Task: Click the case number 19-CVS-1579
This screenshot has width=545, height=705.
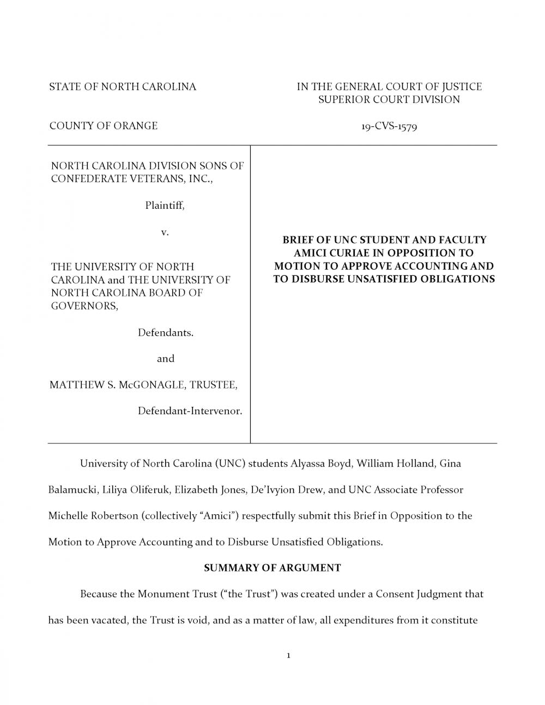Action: [x=389, y=126]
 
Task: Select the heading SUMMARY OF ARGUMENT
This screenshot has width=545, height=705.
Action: [x=272, y=568]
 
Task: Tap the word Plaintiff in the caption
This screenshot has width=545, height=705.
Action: [x=164, y=205]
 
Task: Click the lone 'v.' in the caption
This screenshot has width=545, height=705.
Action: [x=165, y=232]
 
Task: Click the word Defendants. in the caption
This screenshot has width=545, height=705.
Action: [x=165, y=332]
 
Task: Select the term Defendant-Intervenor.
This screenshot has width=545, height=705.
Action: [x=190, y=411]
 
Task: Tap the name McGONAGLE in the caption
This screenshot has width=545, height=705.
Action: [x=150, y=385]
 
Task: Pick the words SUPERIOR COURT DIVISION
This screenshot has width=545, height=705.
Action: [x=389, y=100]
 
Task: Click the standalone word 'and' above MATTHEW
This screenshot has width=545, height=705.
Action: [x=166, y=358]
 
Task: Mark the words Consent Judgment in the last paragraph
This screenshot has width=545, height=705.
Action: [x=419, y=593]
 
